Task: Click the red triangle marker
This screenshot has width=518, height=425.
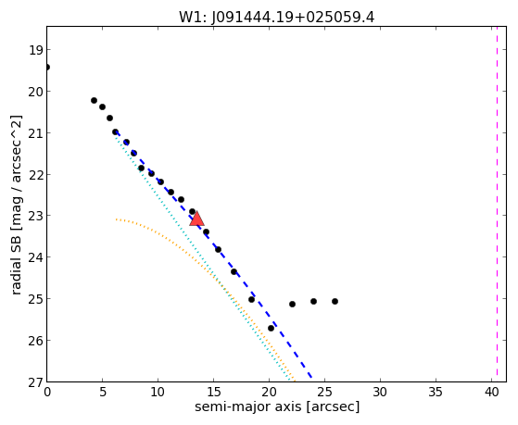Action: (x=196, y=219)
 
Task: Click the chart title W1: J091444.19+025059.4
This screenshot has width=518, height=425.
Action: (x=276, y=18)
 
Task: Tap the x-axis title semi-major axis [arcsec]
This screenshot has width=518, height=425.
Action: (x=277, y=406)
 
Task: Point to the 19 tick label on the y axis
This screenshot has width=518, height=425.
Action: (x=35, y=50)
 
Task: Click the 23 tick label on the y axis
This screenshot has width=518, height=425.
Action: (x=35, y=216)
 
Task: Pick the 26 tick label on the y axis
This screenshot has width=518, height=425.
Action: (x=35, y=341)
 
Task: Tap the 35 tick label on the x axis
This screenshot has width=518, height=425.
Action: (x=436, y=393)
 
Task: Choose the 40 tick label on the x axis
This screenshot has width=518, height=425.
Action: (x=491, y=393)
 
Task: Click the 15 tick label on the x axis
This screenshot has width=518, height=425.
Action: (x=213, y=393)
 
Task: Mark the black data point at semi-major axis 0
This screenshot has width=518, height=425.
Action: (x=47, y=68)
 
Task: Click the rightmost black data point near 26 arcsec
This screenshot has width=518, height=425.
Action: (x=335, y=301)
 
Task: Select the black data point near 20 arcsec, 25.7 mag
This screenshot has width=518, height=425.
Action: (x=271, y=329)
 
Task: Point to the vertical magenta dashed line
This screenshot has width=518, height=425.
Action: (x=497, y=204)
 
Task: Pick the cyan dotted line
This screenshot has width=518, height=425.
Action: (x=202, y=257)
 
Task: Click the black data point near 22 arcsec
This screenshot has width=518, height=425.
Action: (x=292, y=304)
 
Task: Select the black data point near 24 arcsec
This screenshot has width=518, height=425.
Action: (x=313, y=301)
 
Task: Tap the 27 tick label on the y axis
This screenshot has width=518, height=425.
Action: (x=35, y=382)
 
